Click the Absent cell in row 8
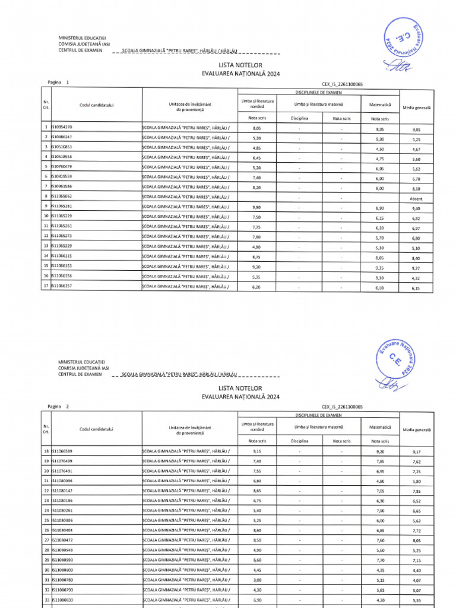tap(416, 198)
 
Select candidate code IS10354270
tap(62, 128)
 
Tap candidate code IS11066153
tap(62, 266)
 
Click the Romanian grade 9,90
tap(256, 208)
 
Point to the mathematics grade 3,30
tap(384, 277)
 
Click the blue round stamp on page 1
tap(406, 37)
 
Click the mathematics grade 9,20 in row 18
tap(384, 451)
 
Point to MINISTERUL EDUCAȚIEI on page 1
tap(81, 38)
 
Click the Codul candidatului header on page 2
tap(96, 429)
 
